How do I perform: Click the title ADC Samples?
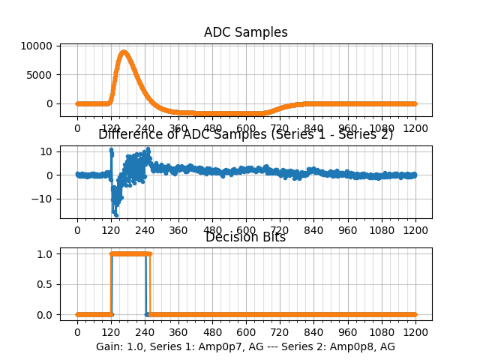pyautogui.click(x=246, y=32)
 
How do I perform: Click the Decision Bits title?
pyautogui.click(x=246, y=238)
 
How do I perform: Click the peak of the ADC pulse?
pyautogui.click(x=124, y=52)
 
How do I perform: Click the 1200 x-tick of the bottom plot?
pyautogui.click(x=415, y=332)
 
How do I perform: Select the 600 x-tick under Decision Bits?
pyautogui.click(x=246, y=332)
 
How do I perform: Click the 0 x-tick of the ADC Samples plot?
pyautogui.click(x=76, y=128)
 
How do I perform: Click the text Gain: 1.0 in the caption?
pyautogui.click(x=120, y=346)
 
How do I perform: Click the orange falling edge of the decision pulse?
pyautogui.click(x=150, y=284)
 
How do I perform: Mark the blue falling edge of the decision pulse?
pyautogui.click(x=145, y=284)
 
